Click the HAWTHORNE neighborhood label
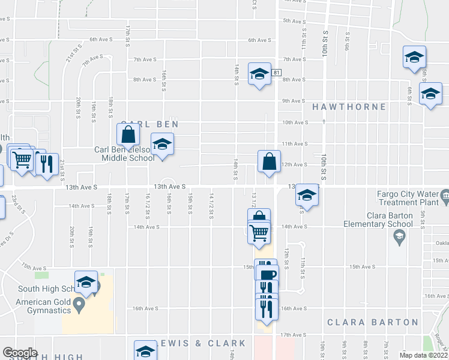[x=349, y=107]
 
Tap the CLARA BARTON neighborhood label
[x=372, y=322]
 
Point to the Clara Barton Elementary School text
[x=378, y=220]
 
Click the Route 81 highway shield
[x=276, y=72]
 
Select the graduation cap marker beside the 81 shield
[x=259, y=74]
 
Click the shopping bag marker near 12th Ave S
[x=268, y=161]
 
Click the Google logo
[x=20, y=353]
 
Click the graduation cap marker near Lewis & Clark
[x=145, y=352]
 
